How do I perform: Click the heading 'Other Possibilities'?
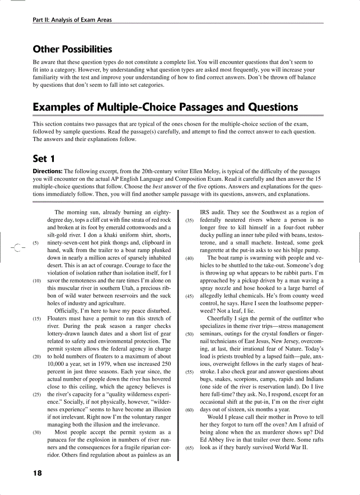click(72, 49)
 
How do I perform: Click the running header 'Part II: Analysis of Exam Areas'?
click(72, 20)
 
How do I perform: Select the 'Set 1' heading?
click(43, 158)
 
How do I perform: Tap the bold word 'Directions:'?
click(48, 171)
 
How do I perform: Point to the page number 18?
click(37, 473)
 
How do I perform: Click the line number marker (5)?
click(36, 242)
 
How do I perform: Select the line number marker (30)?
click(37, 432)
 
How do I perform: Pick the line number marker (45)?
click(189, 296)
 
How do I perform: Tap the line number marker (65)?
click(189, 447)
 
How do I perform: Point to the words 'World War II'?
click(292, 447)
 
